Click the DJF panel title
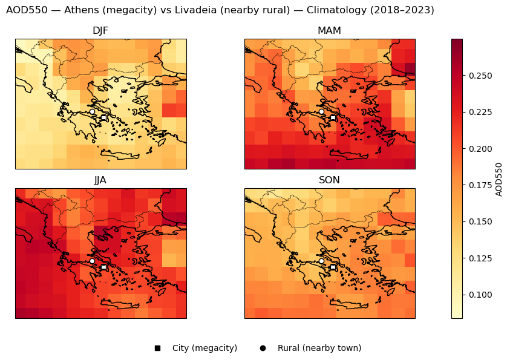point(100,31)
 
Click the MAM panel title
point(329,31)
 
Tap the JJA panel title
point(100,180)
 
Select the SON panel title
point(329,180)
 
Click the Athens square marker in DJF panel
point(103,117)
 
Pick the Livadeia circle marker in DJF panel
point(92,111)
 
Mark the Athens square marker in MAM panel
point(333,117)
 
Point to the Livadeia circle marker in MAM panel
point(321,111)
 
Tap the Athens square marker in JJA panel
point(103,267)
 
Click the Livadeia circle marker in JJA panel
point(92,261)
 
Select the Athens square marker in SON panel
point(333,267)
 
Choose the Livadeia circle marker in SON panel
point(321,261)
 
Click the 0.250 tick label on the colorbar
point(480,76)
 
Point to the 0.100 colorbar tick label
point(480,295)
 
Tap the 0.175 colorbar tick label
point(480,185)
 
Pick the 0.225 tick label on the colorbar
point(480,112)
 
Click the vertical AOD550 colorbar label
point(499,179)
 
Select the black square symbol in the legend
point(157,348)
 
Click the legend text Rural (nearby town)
point(319,348)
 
